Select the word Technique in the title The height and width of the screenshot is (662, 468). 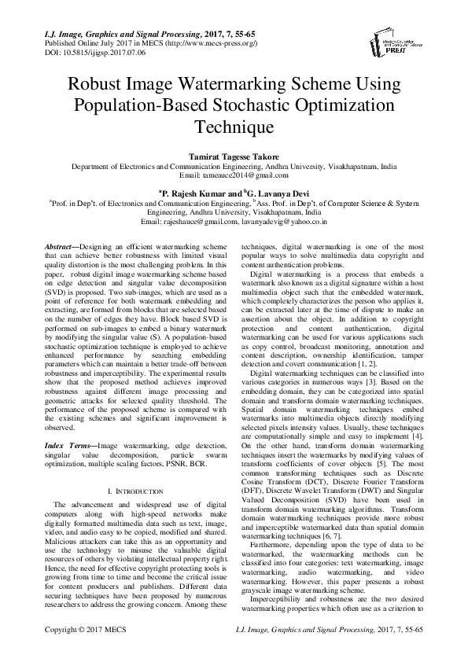coord(234,127)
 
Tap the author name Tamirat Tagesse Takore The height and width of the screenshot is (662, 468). coord(234,157)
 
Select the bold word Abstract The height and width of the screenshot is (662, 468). coord(66,246)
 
